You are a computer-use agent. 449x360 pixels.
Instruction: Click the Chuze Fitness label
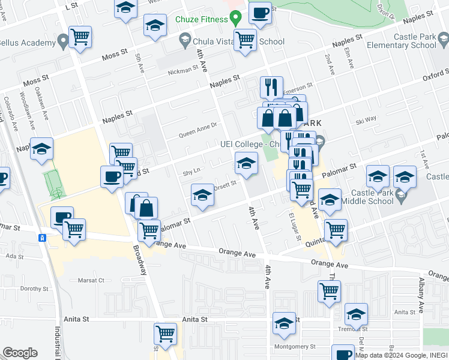[201, 19]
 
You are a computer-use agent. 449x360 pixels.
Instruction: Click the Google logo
[20, 353]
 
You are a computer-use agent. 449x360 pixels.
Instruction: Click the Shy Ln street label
[191, 172]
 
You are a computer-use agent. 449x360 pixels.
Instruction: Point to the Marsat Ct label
[91, 280]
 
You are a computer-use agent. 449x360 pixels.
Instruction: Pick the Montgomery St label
[295, 347]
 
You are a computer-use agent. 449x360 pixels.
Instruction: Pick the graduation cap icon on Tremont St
[356, 314]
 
